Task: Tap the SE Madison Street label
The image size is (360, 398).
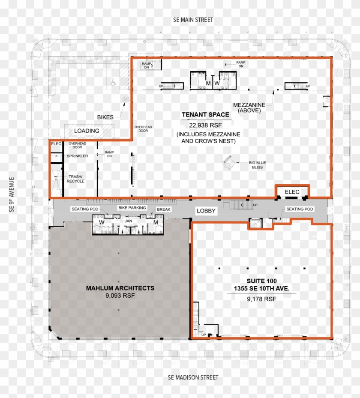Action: coord(193,377)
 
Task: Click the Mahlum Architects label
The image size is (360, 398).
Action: coord(120,288)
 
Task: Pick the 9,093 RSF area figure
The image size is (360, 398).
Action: coord(120,296)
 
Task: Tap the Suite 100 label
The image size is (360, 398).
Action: coord(261,281)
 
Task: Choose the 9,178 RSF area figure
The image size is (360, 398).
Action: coord(261,299)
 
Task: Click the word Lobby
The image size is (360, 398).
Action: coord(206,211)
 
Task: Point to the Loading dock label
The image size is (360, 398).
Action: coord(87,131)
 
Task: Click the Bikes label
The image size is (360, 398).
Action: coord(105,117)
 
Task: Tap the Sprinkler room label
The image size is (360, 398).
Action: coord(78,156)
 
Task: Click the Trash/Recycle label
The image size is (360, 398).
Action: coord(75,179)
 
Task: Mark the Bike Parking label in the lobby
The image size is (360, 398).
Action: coord(132,208)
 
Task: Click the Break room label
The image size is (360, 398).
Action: coord(164,209)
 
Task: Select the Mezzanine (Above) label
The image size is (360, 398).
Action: coord(249,108)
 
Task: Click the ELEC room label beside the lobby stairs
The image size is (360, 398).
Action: coord(292,192)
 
